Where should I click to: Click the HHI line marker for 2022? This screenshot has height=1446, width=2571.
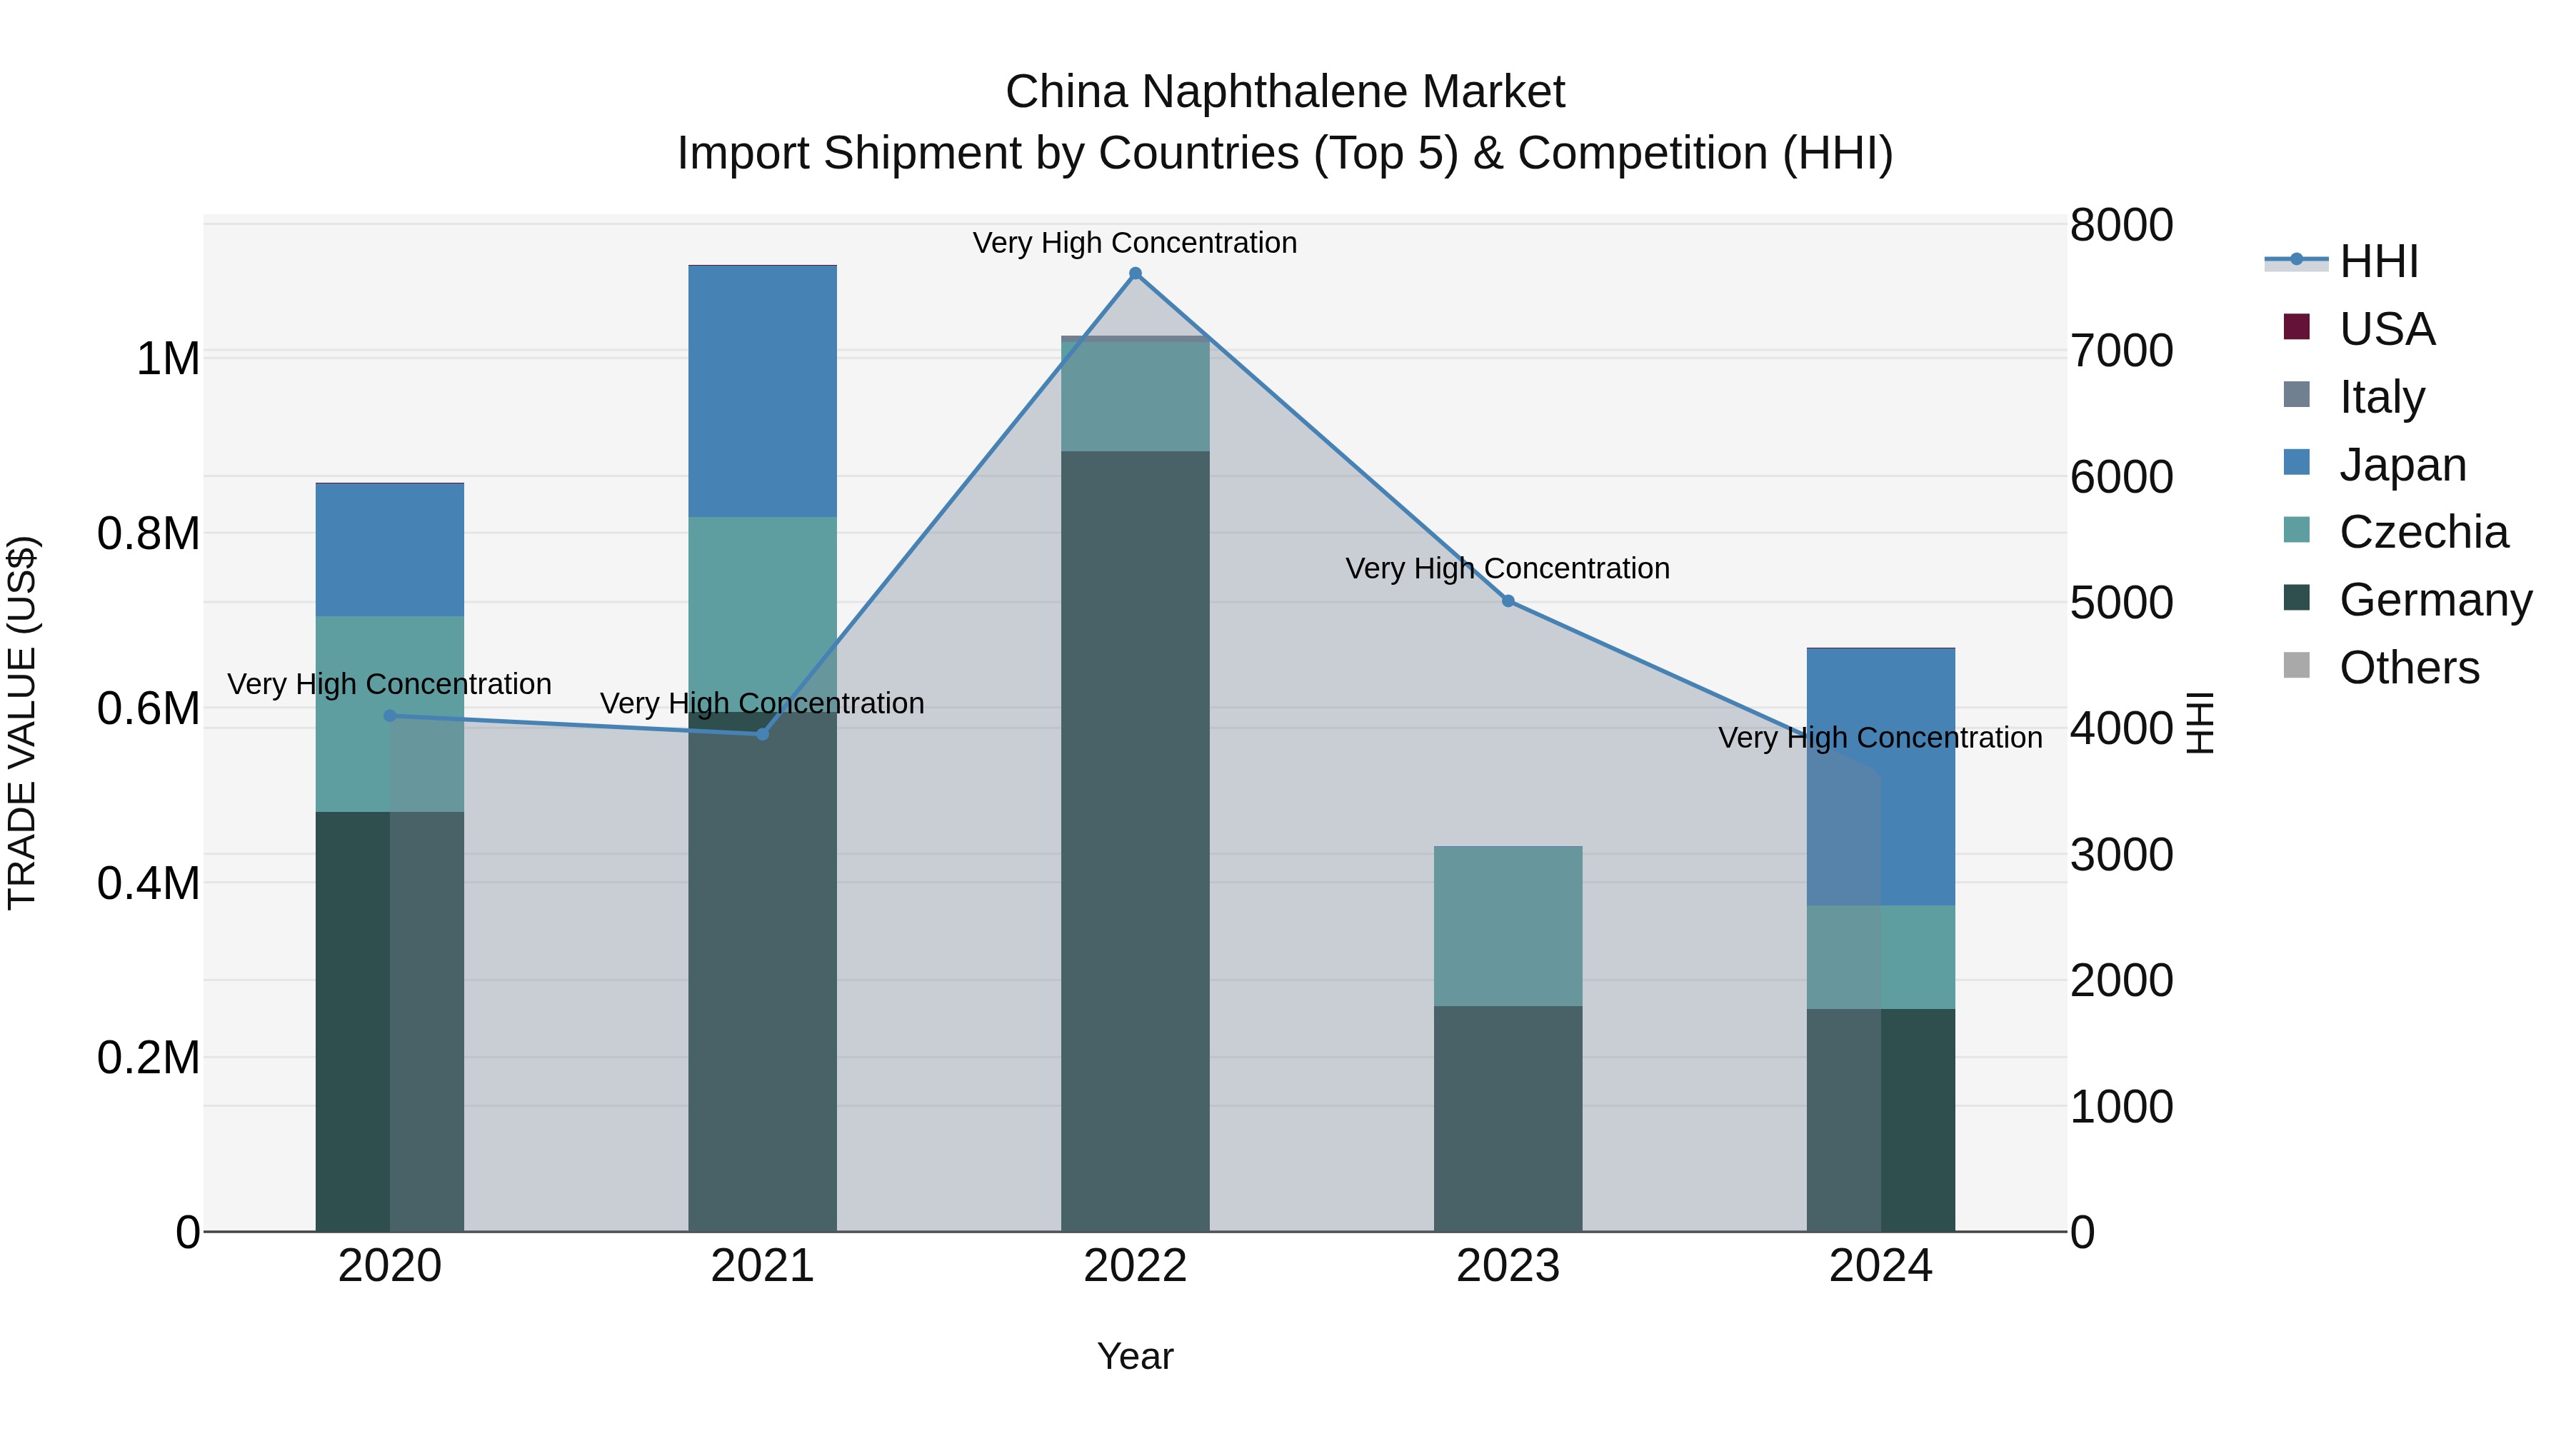point(1135,273)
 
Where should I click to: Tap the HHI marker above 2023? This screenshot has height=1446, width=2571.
point(1508,601)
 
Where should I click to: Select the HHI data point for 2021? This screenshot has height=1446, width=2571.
point(763,733)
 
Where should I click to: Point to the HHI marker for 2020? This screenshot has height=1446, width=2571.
point(390,716)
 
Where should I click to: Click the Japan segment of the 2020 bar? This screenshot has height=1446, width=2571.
point(390,549)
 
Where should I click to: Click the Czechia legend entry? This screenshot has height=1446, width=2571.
point(2422,532)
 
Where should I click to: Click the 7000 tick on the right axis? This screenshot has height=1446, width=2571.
point(2121,351)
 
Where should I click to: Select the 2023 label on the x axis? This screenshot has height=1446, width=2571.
point(1508,1265)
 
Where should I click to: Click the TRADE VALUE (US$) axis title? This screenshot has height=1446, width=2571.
point(22,723)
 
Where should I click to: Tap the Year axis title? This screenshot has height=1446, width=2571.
point(1135,1356)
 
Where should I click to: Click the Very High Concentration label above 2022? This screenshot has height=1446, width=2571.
point(1135,243)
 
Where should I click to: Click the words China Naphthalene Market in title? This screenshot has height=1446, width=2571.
point(1285,92)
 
